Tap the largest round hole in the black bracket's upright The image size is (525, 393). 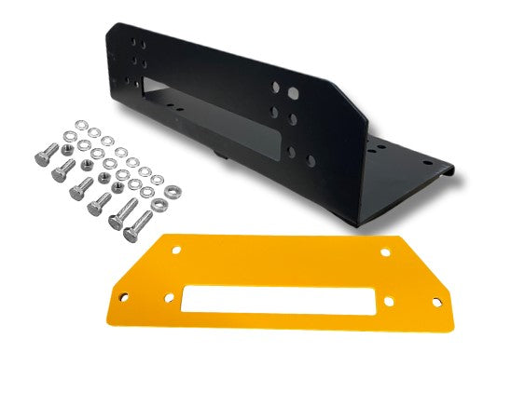(x=294, y=94)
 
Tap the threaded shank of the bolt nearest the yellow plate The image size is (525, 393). (x=141, y=223)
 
